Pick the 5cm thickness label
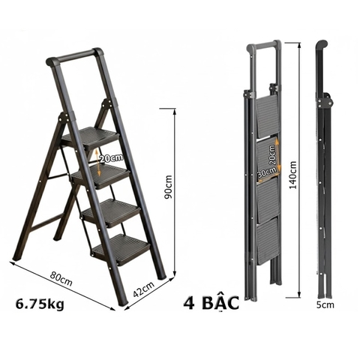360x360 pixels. tap(324, 306)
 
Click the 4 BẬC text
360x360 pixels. tap(211, 304)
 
